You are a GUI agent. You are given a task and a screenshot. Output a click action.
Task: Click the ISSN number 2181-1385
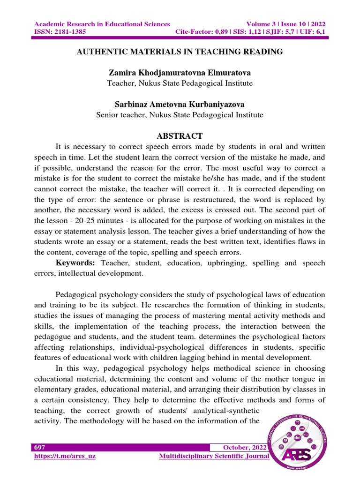click(x=66, y=32)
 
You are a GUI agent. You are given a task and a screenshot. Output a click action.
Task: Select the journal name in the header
click(x=102, y=24)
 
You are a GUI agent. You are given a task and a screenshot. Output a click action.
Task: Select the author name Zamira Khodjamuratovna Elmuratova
click(x=180, y=73)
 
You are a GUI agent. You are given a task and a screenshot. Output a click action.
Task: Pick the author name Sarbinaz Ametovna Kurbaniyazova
click(x=180, y=104)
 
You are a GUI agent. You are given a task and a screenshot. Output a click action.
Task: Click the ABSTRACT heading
click(x=180, y=136)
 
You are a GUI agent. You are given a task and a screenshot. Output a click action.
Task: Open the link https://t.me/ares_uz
click(x=65, y=456)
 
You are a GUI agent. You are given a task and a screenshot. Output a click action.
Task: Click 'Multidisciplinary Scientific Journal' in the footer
click(x=214, y=456)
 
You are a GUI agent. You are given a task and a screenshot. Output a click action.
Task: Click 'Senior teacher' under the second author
click(x=118, y=114)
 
